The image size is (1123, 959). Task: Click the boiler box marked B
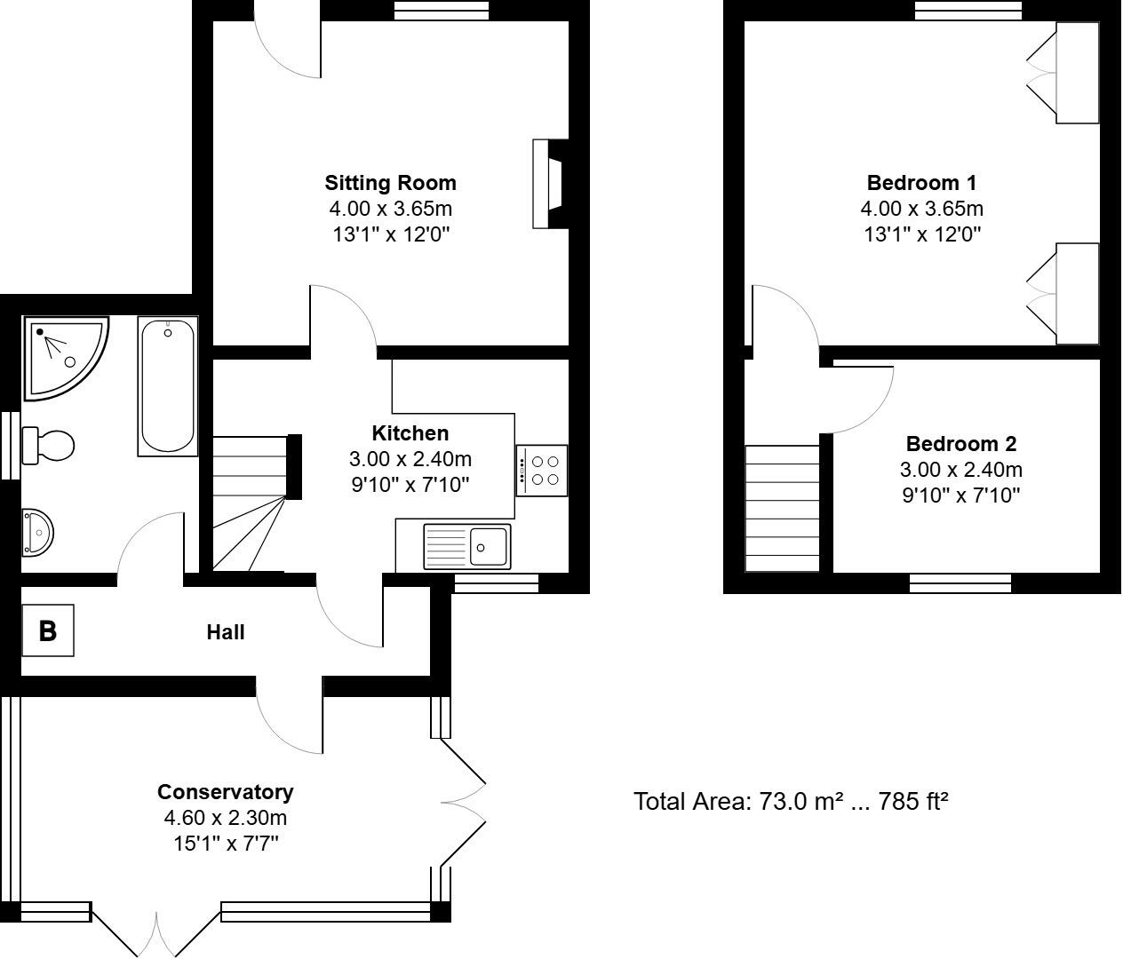[47, 630]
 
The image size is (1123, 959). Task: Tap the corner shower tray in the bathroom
[65, 354]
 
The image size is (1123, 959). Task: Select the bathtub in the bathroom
[167, 386]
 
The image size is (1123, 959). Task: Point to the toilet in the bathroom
[49, 444]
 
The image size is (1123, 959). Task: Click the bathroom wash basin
[38, 531]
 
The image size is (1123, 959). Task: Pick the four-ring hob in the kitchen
[542, 470]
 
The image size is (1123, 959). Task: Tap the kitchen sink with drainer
[467, 545]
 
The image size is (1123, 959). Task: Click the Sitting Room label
[390, 183]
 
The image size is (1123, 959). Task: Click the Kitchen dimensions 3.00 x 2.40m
[410, 459]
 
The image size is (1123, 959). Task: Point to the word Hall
[226, 632]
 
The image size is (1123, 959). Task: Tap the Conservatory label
[225, 791]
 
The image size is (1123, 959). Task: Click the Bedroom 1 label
[921, 183]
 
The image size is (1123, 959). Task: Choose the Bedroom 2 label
[960, 444]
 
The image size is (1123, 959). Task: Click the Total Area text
[791, 802]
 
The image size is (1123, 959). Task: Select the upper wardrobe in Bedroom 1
[1077, 73]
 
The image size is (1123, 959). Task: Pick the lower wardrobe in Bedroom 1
[1077, 293]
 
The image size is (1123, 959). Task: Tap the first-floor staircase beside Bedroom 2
[782, 508]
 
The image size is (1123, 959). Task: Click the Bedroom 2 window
[960, 583]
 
